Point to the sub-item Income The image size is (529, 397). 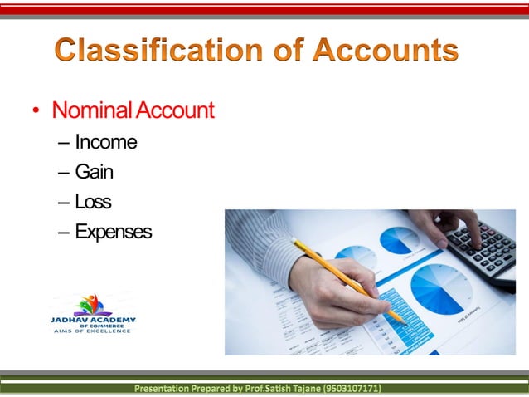click(x=105, y=142)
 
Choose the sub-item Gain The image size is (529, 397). click(x=94, y=172)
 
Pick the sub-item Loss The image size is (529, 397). click(x=93, y=202)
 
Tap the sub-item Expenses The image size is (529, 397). click(x=113, y=232)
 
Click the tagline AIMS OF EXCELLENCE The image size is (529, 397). click(x=92, y=331)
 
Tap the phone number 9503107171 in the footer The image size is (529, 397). click(x=353, y=388)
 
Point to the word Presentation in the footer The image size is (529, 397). click(x=166, y=388)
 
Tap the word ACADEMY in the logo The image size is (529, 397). click(x=115, y=320)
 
